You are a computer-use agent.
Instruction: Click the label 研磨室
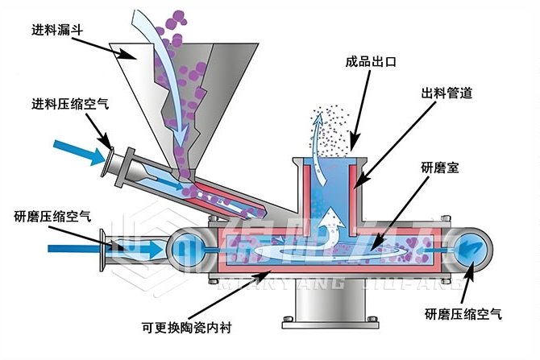[x=440, y=168]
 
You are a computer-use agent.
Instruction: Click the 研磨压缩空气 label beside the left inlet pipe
[x=53, y=216]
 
